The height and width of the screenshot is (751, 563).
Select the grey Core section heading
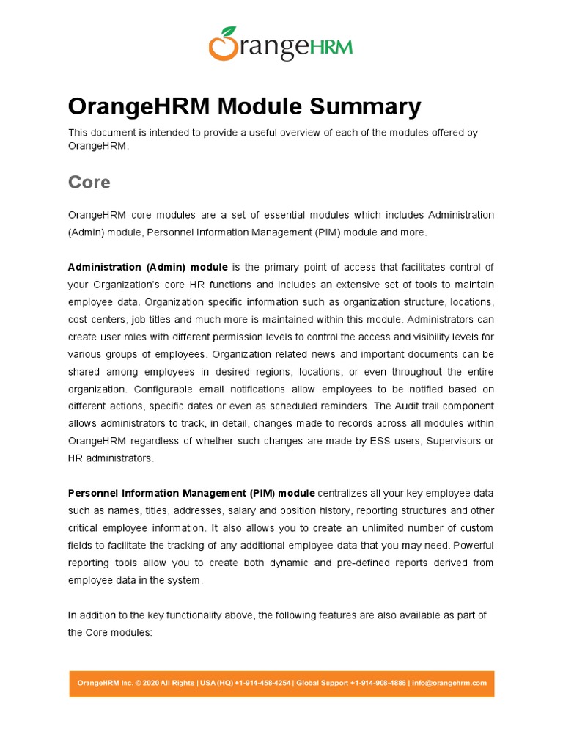pos(89,182)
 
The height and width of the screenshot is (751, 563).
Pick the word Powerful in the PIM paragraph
pos(470,545)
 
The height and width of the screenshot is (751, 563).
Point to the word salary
pos(248,510)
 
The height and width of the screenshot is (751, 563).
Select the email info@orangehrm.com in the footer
pos(449,683)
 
